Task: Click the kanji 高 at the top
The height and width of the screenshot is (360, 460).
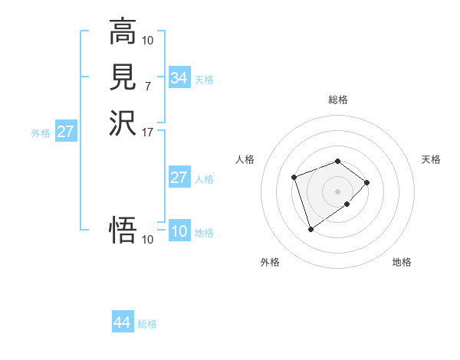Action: [x=123, y=31]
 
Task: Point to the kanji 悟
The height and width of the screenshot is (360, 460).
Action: [x=123, y=230]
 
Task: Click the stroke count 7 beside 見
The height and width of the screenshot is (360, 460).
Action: [x=148, y=87]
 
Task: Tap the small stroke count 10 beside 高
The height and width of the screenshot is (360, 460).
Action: [x=148, y=40]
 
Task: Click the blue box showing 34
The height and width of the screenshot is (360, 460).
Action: [x=179, y=78]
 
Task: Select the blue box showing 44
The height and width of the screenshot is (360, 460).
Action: [x=122, y=322]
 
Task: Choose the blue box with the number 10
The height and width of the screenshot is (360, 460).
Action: [x=179, y=232]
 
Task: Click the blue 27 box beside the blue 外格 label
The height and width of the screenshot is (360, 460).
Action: [x=66, y=132]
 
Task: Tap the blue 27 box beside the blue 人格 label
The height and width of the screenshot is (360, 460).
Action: [x=179, y=178]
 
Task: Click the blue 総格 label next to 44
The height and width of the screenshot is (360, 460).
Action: [x=147, y=324]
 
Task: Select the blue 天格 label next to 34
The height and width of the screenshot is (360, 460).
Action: [x=204, y=80]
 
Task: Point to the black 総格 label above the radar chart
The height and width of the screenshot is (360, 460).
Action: [x=337, y=100]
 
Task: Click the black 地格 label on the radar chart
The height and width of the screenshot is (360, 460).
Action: [x=402, y=263]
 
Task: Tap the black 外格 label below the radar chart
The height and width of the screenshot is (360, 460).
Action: [x=270, y=263]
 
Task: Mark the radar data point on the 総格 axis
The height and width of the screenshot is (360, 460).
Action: [x=337, y=161]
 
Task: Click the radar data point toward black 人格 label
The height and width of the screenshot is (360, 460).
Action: [x=294, y=178]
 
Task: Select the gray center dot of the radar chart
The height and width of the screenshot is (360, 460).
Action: [x=337, y=191]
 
